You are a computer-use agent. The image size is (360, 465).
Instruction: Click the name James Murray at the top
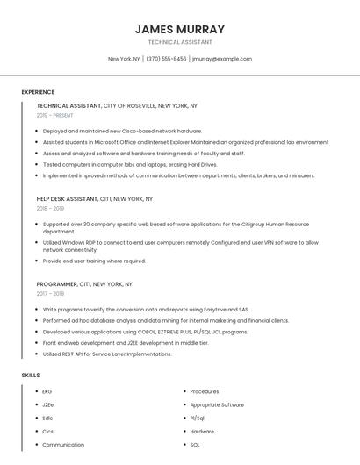pyautogui.click(x=180, y=29)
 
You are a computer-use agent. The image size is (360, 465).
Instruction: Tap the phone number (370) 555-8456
pyautogui.click(x=166, y=59)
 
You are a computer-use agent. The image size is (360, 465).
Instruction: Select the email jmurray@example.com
pyautogui.click(x=222, y=59)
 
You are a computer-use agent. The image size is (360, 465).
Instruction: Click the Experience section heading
pyautogui.click(x=38, y=92)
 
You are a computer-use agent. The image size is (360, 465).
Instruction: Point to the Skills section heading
pyautogui.click(x=30, y=376)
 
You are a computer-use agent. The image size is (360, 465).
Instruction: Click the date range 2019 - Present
pyautogui.click(x=55, y=115)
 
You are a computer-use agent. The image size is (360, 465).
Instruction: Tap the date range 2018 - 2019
pyautogui.click(x=50, y=209)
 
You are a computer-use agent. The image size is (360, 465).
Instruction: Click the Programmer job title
pyautogui.click(x=57, y=284)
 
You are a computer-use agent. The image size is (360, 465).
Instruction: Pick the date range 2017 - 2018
pyautogui.click(x=50, y=294)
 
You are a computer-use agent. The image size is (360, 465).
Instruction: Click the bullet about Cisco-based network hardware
pyautogui.click(x=122, y=131)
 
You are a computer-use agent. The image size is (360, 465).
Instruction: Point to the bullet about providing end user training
pyautogui.click(x=94, y=261)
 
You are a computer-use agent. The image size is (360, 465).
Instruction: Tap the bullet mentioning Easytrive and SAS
pyautogui.click(x=146, y=310)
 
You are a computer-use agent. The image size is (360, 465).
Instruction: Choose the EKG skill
pyautogui.click(x=47, y=391)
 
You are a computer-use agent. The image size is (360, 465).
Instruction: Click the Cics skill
pyautogui.click(x=48, y=431)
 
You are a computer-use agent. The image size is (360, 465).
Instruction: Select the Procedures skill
pyautogui.click(x=205, y=391)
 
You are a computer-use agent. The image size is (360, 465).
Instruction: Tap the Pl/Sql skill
pyautogui.click(x=198, y=418)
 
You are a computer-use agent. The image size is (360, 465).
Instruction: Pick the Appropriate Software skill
pyautogui.click(x=217, y=404)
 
